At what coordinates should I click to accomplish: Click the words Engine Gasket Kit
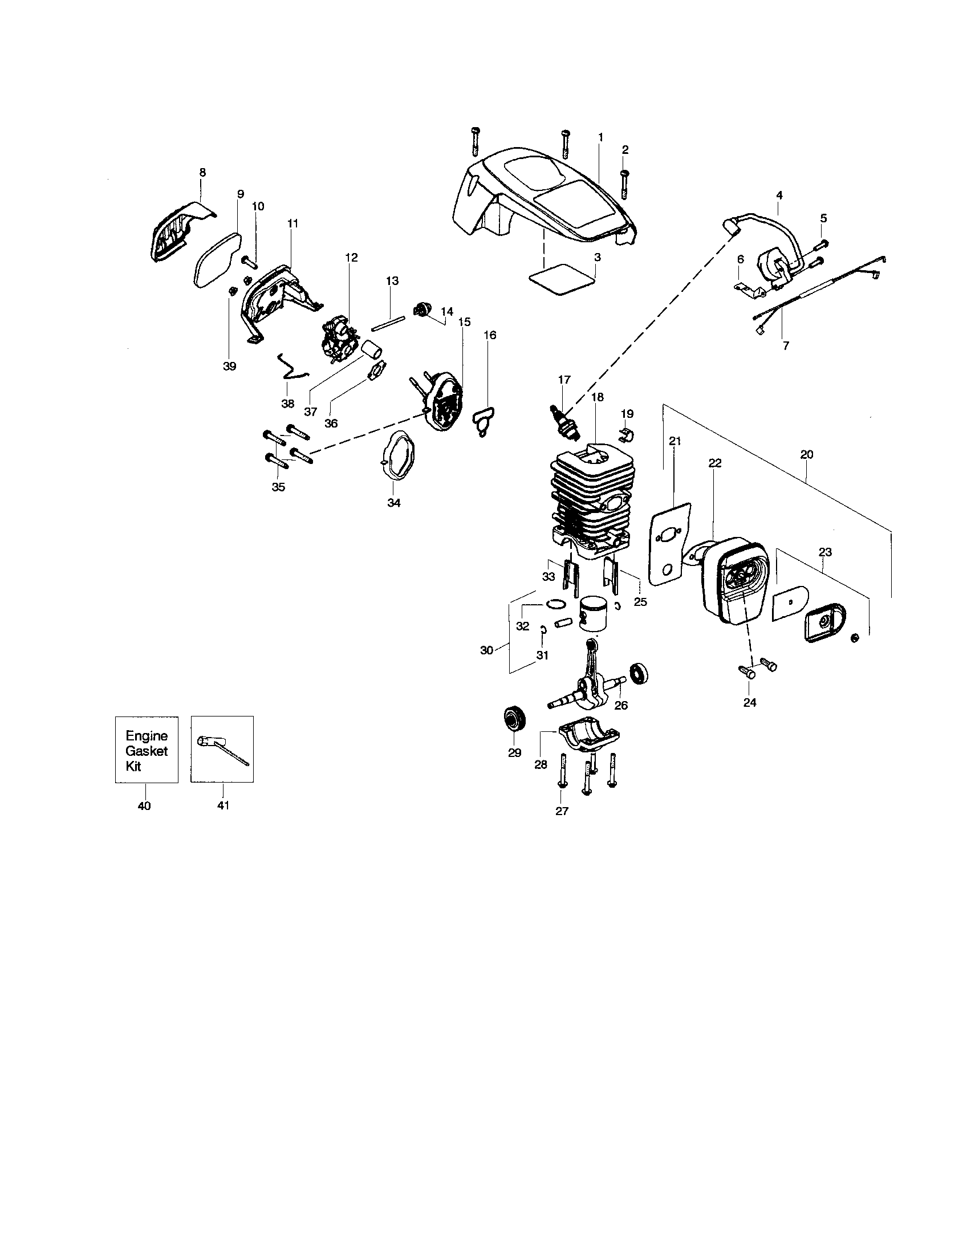[147, 751]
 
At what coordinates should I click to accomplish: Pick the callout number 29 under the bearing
[514, 753]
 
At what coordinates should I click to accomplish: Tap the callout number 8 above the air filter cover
[202, 172]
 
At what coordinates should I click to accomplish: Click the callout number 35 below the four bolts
[278, 487]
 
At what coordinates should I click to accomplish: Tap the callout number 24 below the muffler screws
[750, 702]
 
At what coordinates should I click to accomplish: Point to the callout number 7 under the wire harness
[786, 345]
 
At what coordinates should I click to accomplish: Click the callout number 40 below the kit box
[144, 805]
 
